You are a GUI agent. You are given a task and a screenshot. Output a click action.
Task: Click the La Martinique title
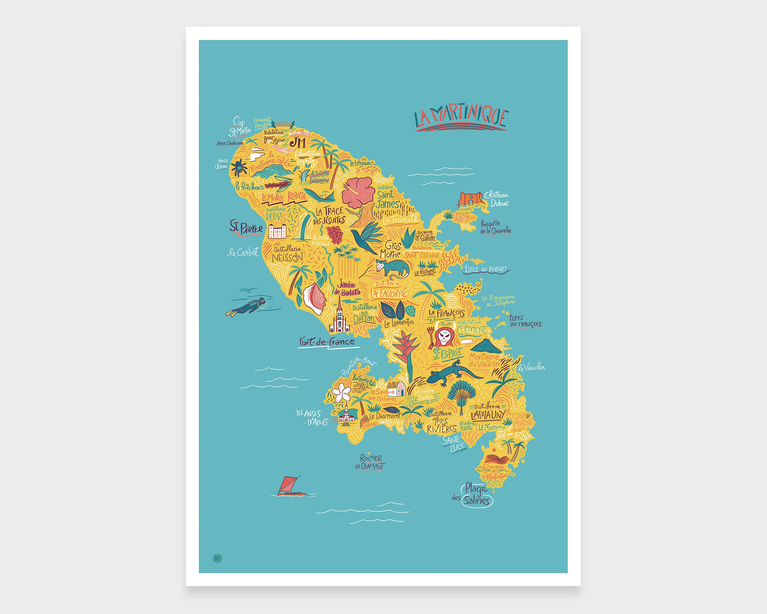pyautogui.click(x=461, y=118)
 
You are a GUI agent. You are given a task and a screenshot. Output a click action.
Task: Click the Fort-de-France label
pyautogui.click(x=326, y=342)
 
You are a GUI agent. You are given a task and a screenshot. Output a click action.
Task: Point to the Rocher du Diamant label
pyautogui.click(x=370, y=462)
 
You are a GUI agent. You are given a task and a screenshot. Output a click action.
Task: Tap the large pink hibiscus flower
pyautogui.click(x=358, y=192)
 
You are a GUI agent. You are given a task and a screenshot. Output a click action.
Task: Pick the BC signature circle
pyautogui.click(x=217, y=558)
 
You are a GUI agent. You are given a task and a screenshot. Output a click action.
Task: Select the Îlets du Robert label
pyautogui.click(x=486, y=269)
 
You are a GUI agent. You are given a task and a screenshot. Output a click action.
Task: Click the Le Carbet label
pyautogui.click(x=243, y=252)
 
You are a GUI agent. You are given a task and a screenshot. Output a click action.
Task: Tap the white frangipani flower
pyautogui.click(x=341, y=392)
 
